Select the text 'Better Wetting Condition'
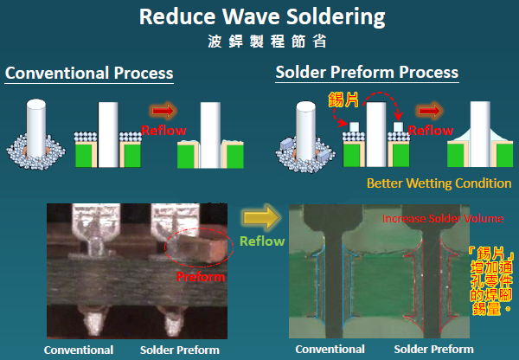(439, 183)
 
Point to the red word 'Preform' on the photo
(201, 277)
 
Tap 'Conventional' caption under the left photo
(79, 350)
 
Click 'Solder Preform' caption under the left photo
(180, 350)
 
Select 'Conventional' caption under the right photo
(330, 350)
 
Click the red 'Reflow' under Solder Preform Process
(429, 130)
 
